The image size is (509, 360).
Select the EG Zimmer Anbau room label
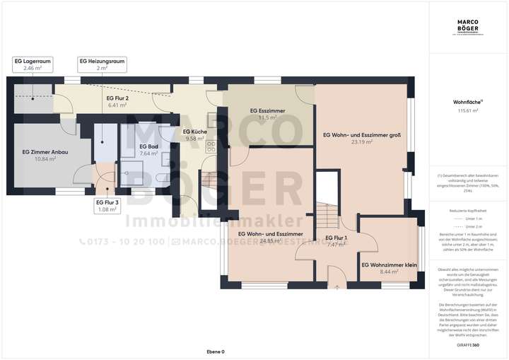[39, 151]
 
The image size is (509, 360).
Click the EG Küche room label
[194, 132]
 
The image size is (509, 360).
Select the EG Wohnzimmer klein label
[388, 265]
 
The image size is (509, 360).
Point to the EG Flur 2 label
[117, 98]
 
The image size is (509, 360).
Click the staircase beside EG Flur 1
[327, 213]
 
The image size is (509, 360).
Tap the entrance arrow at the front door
[337, 287]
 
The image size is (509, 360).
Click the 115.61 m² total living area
[467, 111]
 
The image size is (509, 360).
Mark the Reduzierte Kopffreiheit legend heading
[467, 211]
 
